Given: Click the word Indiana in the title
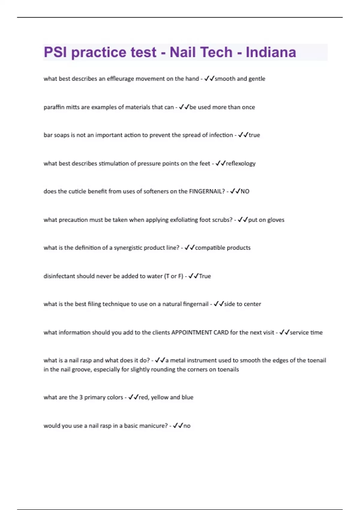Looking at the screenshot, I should coord(271,52).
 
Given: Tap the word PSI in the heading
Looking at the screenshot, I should coord(55,52).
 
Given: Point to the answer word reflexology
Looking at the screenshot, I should coord(241,163).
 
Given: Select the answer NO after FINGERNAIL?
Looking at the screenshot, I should coord(245,191).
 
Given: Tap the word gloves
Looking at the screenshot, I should coord(276,220).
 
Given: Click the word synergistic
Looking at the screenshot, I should coord(128,248).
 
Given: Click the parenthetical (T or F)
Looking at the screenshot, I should coord(174,276).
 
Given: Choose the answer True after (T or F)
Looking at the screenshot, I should coord(205,276).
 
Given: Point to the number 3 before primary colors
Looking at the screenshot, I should coord(81,397).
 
